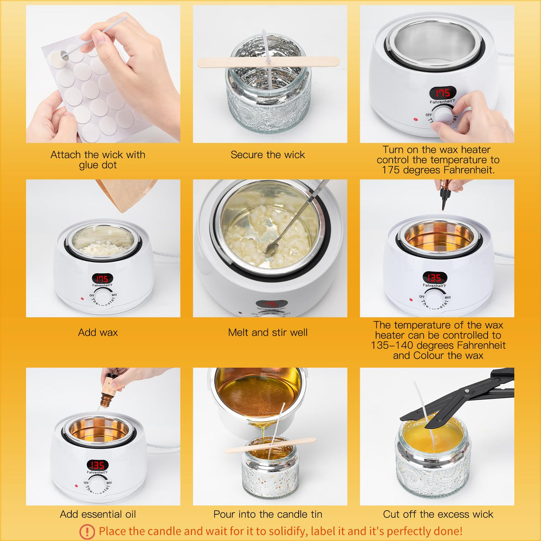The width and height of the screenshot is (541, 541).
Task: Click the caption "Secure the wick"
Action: [267, 155]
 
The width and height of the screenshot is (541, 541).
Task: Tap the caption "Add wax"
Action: [98, 332]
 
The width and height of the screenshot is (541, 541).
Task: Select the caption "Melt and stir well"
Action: [267, 332]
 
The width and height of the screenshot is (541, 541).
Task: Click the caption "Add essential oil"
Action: [98, 514]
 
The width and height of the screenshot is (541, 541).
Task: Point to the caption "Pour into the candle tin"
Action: [267, 514]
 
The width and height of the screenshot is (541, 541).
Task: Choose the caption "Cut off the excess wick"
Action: [438, 514]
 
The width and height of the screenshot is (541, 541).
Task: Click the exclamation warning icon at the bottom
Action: [87, 531]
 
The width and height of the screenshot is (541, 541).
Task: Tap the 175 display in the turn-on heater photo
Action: [443, 93]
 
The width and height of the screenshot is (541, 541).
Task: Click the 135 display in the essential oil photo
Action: [97, 465]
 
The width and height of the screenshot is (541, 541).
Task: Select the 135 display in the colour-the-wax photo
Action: [434, 278]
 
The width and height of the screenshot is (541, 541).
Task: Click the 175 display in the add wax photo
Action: [102, 278]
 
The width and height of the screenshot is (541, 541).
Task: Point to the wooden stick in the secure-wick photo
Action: [267, 61]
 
